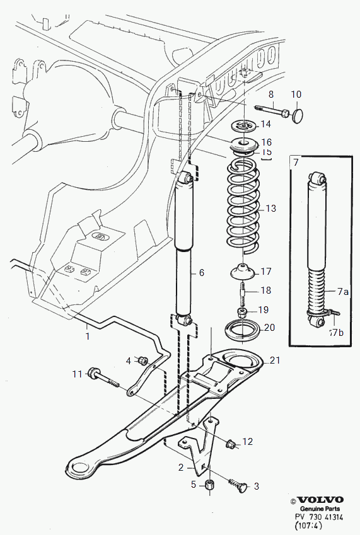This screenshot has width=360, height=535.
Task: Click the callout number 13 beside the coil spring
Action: coord(270,208)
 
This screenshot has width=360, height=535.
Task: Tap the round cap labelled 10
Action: coord(298,115)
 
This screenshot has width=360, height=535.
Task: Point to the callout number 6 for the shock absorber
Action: coord(201,273)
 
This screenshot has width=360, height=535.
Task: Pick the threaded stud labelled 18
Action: coord(243,290)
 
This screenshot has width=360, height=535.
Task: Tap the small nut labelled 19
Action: coord(242,312)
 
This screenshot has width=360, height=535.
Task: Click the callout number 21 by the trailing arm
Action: coord(275,360)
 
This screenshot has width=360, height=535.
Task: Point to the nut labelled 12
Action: coord(231,444)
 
